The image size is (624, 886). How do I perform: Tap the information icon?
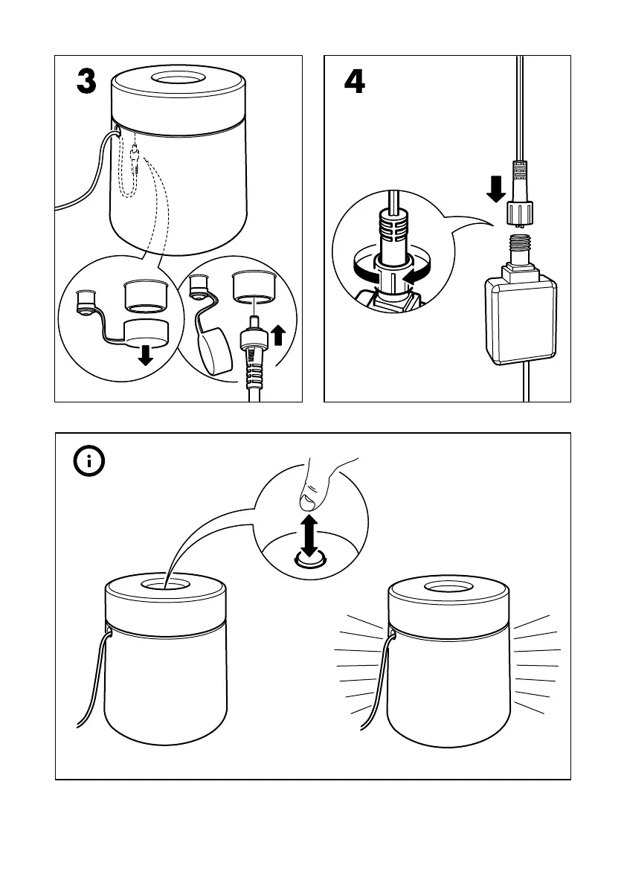pos(90,461)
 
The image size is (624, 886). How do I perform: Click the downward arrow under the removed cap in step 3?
pos(146,356)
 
